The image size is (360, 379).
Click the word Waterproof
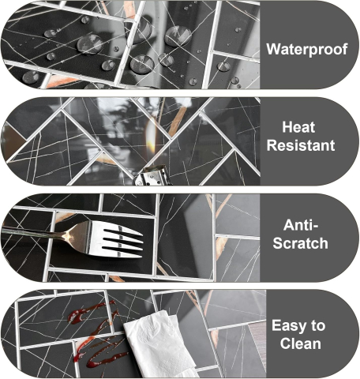point(307,49)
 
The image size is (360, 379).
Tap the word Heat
point(298,127)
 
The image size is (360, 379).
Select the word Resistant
point(301,145)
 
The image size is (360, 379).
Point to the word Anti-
point(301,225)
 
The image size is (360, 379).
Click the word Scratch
point(300,243)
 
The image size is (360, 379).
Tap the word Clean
point(301,343)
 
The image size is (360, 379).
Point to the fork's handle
point(34,231)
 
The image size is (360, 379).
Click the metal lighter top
point(152,176)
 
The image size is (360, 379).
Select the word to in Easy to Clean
point(318,326)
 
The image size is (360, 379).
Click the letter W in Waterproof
point(273,49)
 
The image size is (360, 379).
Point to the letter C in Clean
point(285,343)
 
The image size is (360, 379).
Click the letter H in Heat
point(287,127)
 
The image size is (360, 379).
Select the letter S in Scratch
point(278,243)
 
